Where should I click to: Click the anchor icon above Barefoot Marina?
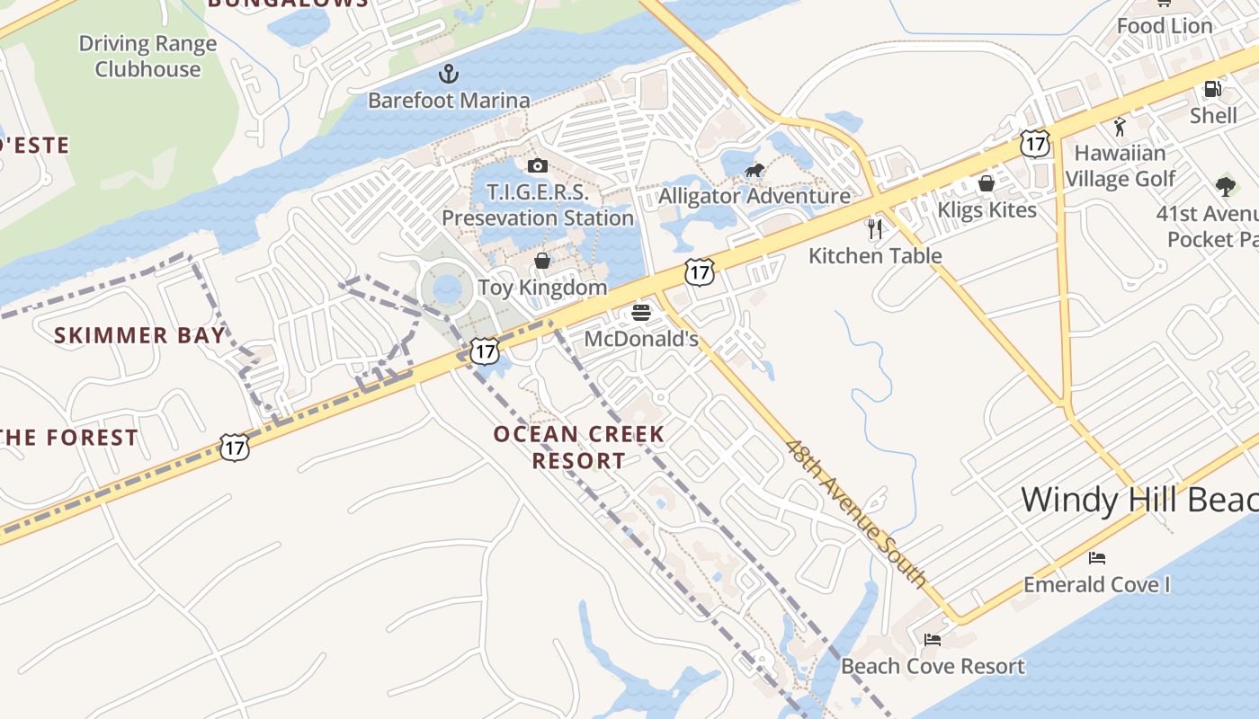click(448, 73)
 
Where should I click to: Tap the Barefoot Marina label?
click(449, 100)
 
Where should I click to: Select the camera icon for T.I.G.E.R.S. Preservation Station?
click(538, 165)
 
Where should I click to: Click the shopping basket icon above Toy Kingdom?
click(542, 261)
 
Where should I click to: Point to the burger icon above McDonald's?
click(641, 313)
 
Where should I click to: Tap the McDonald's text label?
click(641, 339)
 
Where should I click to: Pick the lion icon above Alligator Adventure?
click(755, 170)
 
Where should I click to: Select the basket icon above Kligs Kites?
click(987, 183)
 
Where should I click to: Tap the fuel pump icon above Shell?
click(1212, 89)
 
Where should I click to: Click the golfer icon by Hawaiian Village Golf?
click(1120, 127)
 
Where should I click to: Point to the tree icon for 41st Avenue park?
click(1225, 187)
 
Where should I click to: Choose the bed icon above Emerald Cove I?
click(1096, 558)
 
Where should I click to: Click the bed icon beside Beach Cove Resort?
click(933, 640)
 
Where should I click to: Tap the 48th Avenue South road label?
click(855, 512)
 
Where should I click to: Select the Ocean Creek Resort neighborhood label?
click(579, 448)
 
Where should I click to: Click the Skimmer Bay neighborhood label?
click(139, 336)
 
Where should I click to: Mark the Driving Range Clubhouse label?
click(147, 56)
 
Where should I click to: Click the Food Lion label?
click(1165, 26)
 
